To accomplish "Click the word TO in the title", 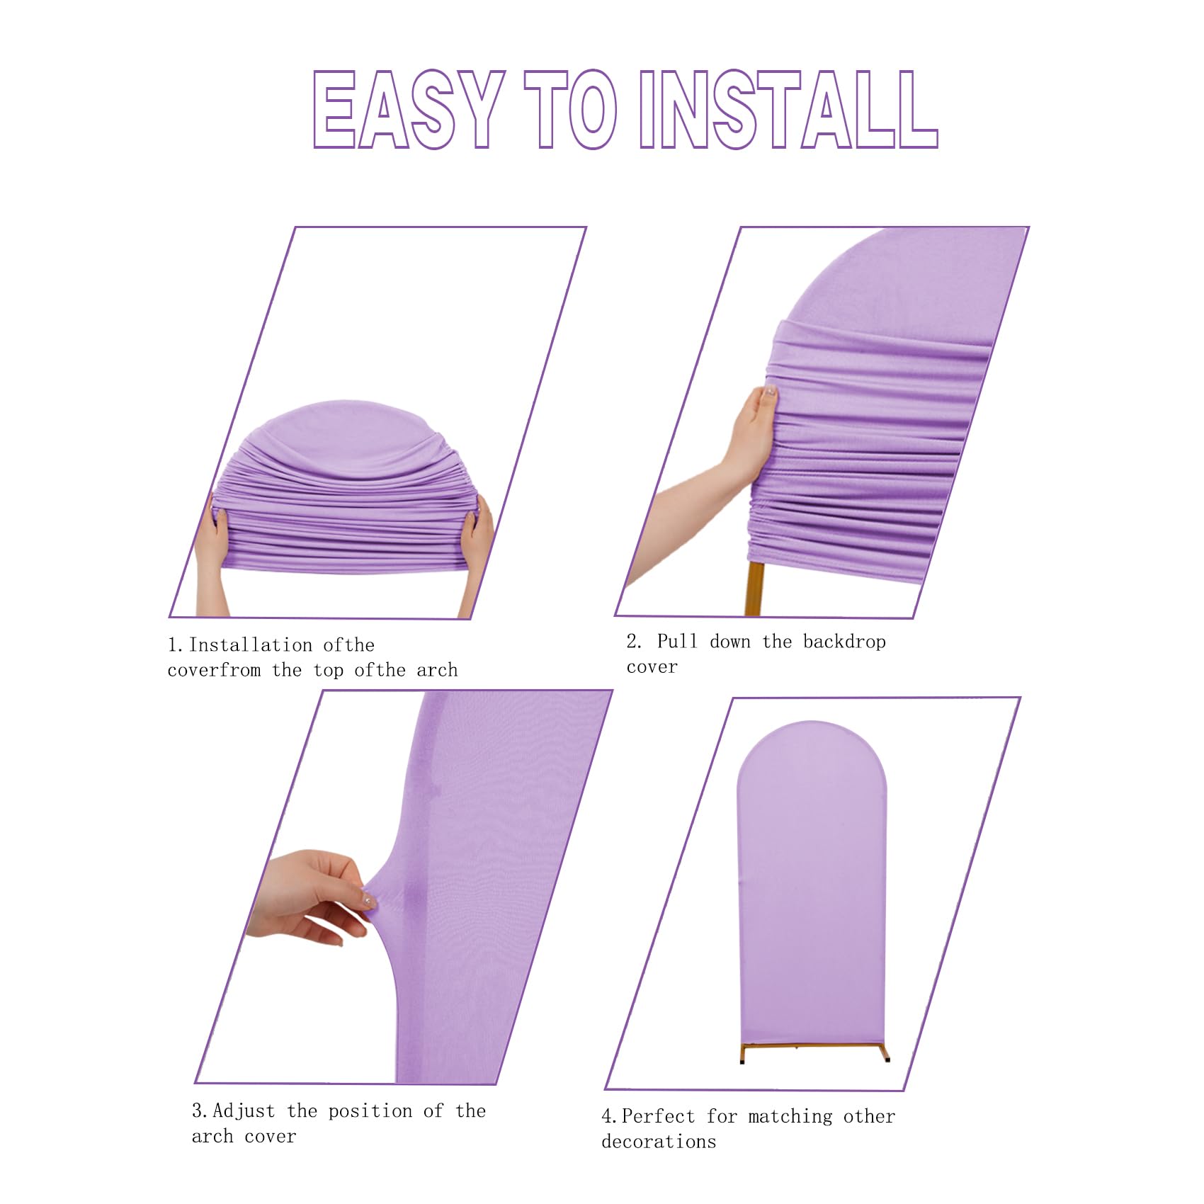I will (x=570, y=110).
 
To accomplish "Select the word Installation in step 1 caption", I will (x=251, y=645).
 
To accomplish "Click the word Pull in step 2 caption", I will (x=677, y=642).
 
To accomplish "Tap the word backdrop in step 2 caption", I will (x=844, y=642).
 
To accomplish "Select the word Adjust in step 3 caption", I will (x=244, y=1111).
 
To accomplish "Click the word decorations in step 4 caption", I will (x=659, y=1142).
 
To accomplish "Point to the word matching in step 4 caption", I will (x=790, y=1117).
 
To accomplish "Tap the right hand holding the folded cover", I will (x=477, y=538).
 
